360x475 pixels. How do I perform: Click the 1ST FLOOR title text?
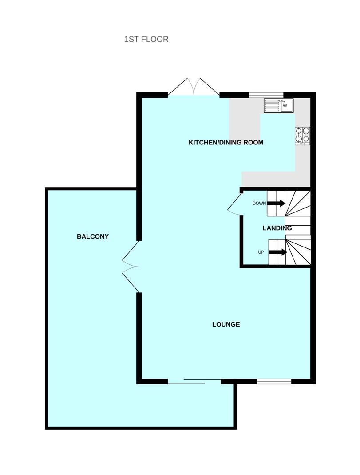coord(146,40)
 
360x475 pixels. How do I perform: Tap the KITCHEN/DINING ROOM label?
coord(226,142)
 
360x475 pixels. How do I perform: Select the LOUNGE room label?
coord(226,324)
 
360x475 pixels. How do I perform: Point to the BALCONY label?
coord(93,236)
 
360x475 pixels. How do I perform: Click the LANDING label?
coord(277,228)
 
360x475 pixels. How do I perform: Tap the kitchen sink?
coord(278,105)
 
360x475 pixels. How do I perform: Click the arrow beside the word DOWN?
coord(276,203)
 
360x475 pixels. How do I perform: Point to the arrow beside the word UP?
coord(278,252)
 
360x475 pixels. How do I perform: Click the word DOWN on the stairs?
coord(259,203)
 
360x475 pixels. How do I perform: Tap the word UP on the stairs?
coord(261,252)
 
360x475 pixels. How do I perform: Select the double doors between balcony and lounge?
coord(131,267)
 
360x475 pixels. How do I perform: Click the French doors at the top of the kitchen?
coord(194,87)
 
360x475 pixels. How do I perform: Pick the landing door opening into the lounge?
coord(235,203)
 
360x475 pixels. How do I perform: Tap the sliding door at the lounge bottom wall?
coord(194,381)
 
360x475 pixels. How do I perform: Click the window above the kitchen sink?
coord(266,95)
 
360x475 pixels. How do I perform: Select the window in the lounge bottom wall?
coord(274,382)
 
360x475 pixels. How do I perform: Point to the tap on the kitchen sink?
coord(282,101)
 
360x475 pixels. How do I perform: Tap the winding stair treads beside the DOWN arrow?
coord(298,203)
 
